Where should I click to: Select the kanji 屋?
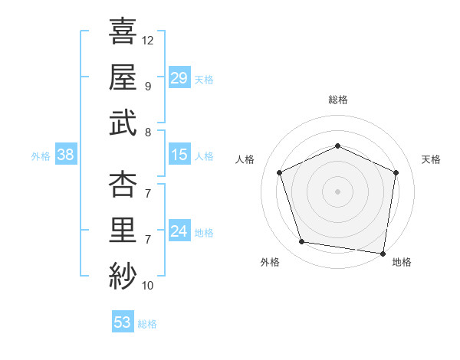coord(123,76)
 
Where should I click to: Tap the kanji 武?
coord(123,122)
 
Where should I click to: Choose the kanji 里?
coord(123,231)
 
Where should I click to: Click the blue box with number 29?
coord(179,77)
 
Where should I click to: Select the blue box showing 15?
coord(179,155)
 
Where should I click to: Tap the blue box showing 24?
coord(179,231)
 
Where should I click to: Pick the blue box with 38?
coord(66,155)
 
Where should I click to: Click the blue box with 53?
coord(122,322)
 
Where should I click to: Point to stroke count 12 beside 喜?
coord(148,40)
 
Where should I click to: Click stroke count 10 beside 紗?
coord(148,286)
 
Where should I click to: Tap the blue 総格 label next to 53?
coord(147,324)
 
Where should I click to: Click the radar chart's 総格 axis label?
coord(337,100)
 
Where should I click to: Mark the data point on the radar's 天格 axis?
coord(396,172)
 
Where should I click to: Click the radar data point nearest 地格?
coord(383,253)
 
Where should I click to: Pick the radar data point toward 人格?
coord(280,172)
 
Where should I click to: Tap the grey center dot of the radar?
coord(337,191)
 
